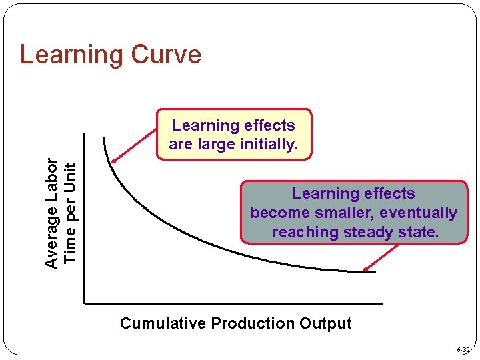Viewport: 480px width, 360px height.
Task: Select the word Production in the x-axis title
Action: tap(253, 324)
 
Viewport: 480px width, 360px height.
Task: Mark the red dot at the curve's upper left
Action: tap(114, 161)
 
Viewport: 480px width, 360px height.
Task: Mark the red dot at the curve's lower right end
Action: tap(366, 270)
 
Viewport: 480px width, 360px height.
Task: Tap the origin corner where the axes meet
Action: tap(85, 304)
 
